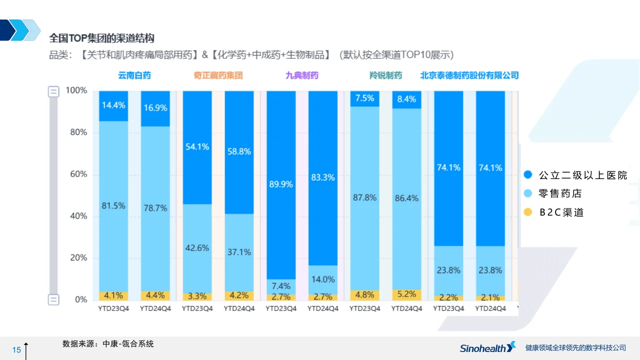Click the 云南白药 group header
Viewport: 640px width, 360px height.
134,75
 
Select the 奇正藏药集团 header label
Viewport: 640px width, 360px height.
218,75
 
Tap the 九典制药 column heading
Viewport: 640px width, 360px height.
301,75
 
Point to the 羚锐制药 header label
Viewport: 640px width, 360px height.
385,75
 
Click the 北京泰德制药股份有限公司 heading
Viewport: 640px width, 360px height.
469,75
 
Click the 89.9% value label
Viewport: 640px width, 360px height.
280,184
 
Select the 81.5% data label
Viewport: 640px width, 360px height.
113,205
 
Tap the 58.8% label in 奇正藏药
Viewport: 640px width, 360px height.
239,151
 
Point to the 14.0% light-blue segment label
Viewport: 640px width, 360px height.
322,279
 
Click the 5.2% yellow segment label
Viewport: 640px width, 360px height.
406,294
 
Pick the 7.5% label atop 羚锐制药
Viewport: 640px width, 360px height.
364,98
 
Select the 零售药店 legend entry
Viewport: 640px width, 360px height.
560,193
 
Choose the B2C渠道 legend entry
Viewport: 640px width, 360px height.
561,212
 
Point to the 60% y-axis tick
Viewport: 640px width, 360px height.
77,174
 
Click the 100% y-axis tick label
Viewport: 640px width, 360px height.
76,90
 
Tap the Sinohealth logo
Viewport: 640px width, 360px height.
487,348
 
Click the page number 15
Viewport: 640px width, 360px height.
16,349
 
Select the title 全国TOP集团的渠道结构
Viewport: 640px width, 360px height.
101,38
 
